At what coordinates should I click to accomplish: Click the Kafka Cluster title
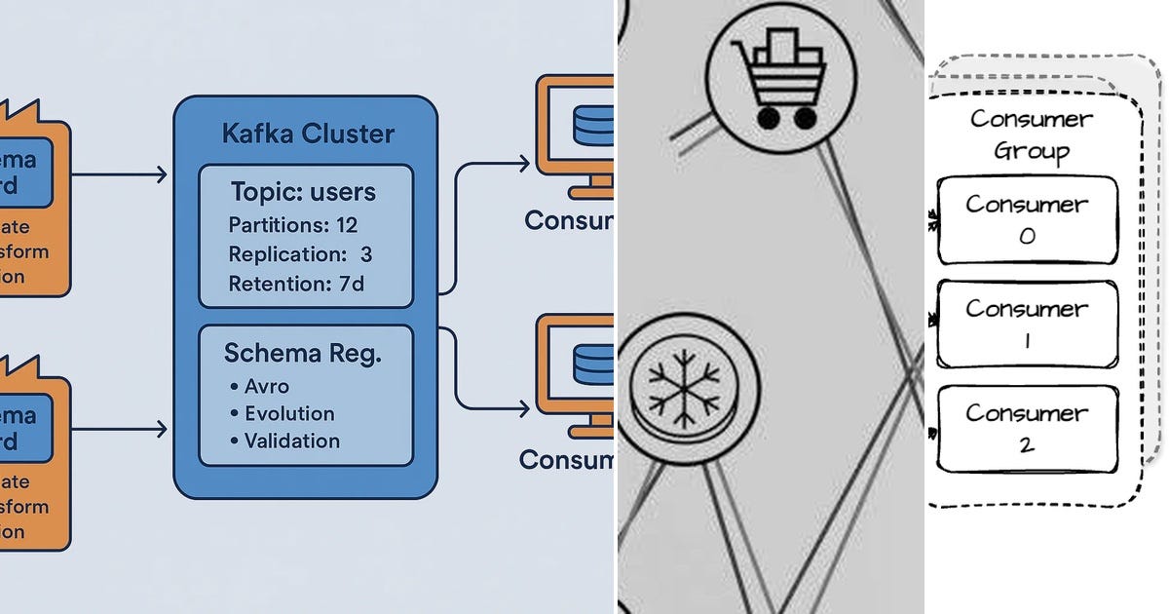[x=308, y=133]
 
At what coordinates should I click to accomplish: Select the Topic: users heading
[x=303, y=191]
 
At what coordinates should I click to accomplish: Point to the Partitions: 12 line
[x=293, y=225]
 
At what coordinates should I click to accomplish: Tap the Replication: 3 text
[x=300, y=254]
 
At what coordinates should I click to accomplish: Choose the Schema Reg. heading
[x=303, y=353]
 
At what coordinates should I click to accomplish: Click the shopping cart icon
[x=780, y=78]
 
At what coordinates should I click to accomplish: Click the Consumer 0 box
[x=1027, y=219]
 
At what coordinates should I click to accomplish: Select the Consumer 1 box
[x=1027, y=324]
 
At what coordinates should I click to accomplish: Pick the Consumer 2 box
[x=1027, y=428]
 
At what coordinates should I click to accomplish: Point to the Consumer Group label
[x=1031, y=135]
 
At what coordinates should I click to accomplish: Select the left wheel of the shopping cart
[x=769, y=118]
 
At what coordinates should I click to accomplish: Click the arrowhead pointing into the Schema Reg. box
[x=161, y=428]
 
